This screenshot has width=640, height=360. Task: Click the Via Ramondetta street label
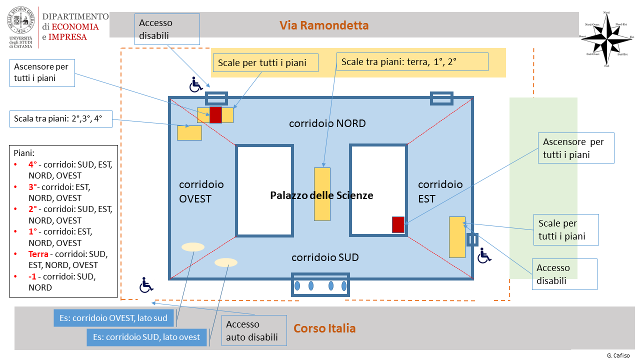324,25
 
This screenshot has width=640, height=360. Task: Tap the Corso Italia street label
324,328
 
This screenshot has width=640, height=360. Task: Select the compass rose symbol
606,38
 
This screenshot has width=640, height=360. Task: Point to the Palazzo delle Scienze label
321,195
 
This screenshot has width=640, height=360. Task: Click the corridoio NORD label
327,123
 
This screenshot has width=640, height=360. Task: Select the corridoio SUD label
325,257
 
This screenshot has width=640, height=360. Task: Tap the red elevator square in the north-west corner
215,114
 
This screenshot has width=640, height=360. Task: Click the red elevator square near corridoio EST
398,224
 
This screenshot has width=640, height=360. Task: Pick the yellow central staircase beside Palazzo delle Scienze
322,194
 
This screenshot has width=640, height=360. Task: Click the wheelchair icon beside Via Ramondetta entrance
195,84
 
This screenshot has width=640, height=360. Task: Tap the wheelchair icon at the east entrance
484,256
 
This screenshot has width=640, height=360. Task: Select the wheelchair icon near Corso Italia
145,285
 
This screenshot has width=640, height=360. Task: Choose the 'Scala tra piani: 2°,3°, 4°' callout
60,119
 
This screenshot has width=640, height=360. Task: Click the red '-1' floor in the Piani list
33,276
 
